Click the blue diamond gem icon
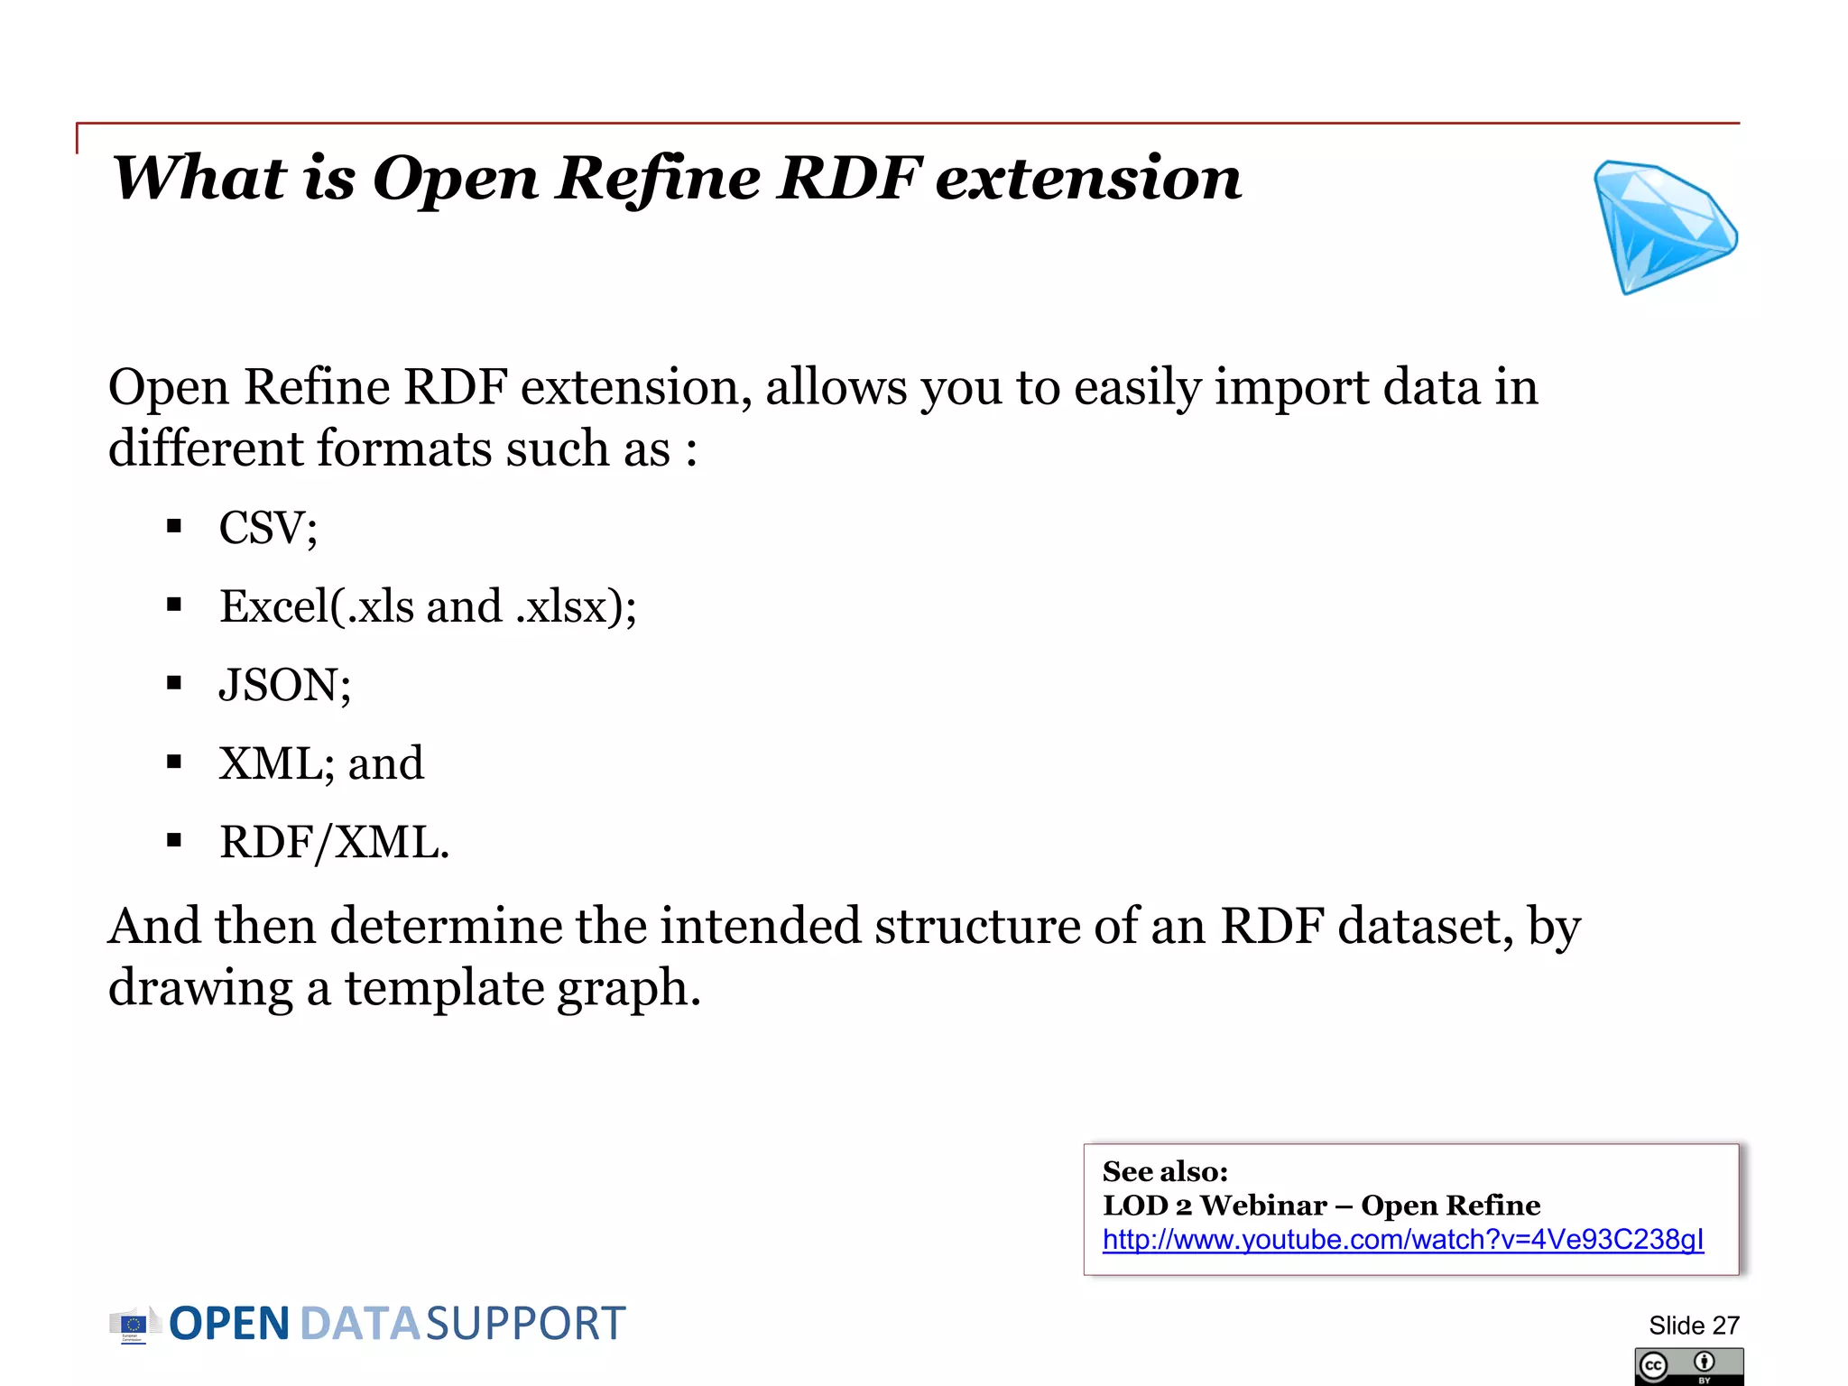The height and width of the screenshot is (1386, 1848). (1662, 227)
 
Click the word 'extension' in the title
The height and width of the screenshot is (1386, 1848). (1088, 178)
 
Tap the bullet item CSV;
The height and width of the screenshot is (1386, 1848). (268, 528)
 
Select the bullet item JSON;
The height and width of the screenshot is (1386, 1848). (284, 685)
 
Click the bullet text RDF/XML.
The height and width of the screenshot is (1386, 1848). (334, 843)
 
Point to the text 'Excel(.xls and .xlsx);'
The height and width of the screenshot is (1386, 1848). (428, 606)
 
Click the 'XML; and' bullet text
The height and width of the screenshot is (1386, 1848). (320, 764)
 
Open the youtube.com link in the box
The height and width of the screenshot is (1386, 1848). (1402, 1240)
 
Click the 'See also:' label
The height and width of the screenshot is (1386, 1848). (1164, 1171)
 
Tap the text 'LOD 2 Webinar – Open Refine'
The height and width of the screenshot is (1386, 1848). (1320, 1206)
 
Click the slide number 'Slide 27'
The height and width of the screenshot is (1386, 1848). (1693, 1326)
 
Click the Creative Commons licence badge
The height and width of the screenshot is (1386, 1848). (1687, 1366)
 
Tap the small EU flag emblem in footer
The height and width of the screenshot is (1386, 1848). (133, 1325)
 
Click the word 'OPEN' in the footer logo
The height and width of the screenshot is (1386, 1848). (229, 1324)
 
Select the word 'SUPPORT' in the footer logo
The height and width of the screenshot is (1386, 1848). (525, 1324)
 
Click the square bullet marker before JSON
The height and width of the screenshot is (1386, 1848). (174, 684)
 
